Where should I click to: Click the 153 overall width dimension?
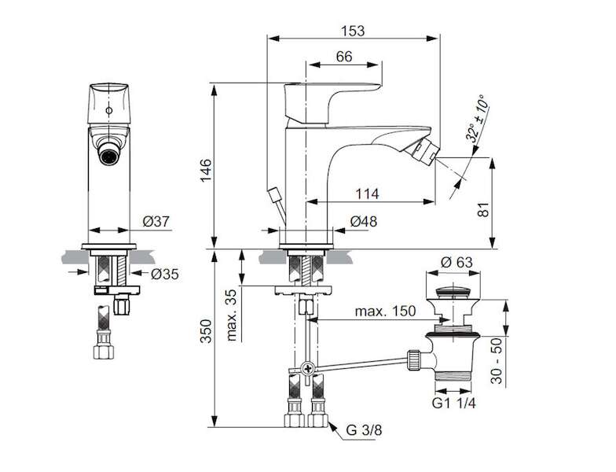click(x=352, y=31)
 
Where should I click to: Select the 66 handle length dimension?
click(x=344, y=57)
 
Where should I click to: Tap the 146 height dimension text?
click(x=206, y=170)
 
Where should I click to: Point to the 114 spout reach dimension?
click(x=368, y=194)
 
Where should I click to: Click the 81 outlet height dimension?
click(x=484, y=209)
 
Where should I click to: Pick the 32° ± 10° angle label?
click(x=478, y=118)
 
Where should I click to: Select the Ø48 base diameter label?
click(x=363, y=222)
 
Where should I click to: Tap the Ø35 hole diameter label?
click(x=165, y=274)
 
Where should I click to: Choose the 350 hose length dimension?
click(x=206, y=331)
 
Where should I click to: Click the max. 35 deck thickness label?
click(x=233, y=315)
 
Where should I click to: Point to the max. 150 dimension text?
click(x=385, y=312)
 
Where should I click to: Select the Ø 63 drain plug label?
click(x=456, y=262)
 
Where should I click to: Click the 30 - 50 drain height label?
click(x=497, y=360)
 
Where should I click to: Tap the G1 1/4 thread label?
click(x=454, y=403)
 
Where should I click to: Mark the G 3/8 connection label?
click(x=364, y=430)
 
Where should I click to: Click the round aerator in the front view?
click(x=108, y=155)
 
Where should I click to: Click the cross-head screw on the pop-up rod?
click(x=308, y=369)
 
